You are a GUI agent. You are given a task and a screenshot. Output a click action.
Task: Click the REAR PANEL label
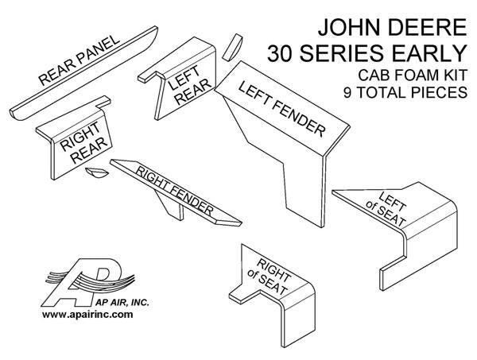coord(79,60)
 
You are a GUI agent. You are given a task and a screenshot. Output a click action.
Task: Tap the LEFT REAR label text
coord(189,85)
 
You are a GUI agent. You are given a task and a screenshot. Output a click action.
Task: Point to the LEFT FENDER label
coord(281,109)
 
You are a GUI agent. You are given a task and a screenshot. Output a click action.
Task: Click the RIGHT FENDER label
coord(174,192)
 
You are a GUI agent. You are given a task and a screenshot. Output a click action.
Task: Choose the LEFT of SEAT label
coord(386,208)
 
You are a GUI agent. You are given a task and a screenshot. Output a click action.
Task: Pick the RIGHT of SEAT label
coord(268,277)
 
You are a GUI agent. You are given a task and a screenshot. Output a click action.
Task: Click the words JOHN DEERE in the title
coord(393,27)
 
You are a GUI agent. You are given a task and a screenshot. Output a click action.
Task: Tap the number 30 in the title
coord(281,53)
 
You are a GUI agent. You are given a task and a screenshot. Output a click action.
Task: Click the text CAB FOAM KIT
coord(413,75)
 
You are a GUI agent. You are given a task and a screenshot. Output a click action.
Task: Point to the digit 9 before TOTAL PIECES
coord(347,92)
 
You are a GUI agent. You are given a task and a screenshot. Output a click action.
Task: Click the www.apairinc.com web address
coord(87,315)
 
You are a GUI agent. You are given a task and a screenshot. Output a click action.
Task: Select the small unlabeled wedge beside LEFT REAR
coord(232,47)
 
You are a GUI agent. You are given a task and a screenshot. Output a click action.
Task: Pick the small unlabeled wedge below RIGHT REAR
coord(97,172)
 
